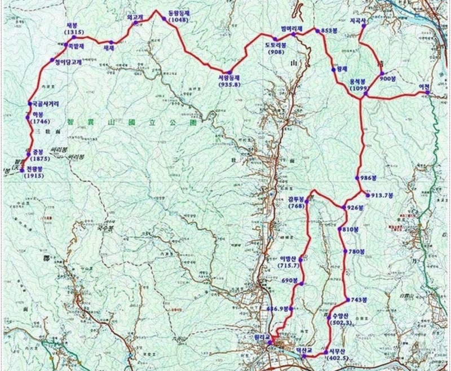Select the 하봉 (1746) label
(x=38, y=117)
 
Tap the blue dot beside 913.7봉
(x=368, y=196)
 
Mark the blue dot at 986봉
(x=357, y=178)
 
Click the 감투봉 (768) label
(x=295, y=202)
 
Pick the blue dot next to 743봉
(x=346, y=299)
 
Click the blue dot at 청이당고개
(x=52, y=60)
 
